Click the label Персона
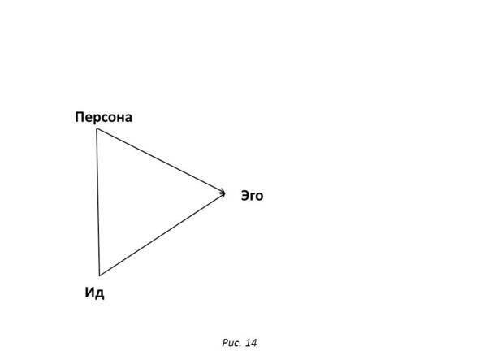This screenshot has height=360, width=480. (x=103, y=117)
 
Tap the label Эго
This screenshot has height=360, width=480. (x=252, y=196)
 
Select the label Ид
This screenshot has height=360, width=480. (x=94, y=293)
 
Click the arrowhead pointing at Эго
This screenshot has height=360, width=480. (x=223, y=193)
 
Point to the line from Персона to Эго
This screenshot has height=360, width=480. (x=161, y=161)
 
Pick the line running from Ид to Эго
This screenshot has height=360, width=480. (x=162, y=234)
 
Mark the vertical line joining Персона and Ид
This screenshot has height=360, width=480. (x=98, y=202)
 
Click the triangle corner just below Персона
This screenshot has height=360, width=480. (x=97, y=129)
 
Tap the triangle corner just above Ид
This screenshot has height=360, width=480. (x=99, y=275)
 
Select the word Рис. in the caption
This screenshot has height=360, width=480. (x=231, y=343)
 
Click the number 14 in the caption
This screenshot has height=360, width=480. (x=251, y=343)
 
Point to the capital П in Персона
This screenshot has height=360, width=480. (x=80, y=117)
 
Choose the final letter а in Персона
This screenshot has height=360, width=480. (x=128, y=119)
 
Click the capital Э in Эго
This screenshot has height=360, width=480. (x=245, y=196)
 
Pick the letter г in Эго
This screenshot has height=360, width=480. (x=253, y=197)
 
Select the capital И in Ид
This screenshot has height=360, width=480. (x=89, y=293)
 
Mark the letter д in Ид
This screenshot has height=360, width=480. (x=100, y=294)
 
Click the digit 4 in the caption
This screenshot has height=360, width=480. (x=253, y=343)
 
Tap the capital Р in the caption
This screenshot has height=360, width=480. (x=225, y=343)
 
